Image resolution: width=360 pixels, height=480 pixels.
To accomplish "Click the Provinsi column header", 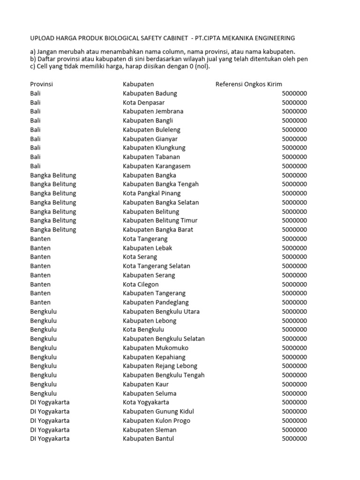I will tap(41, 84).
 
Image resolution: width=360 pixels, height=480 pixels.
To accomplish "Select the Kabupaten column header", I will tap(138, 84).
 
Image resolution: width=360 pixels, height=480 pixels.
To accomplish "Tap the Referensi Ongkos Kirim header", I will tap(249, 84).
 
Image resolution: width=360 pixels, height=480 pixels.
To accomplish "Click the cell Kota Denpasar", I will tap(143, 102).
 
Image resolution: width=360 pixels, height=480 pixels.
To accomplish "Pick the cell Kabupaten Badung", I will tap(150, 93).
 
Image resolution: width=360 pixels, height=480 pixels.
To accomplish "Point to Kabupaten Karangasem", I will tap(157, 166).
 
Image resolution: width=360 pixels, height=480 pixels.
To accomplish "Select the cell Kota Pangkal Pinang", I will tap(151, 193).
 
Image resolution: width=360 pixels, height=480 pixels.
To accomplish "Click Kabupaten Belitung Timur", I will tap(160, 220).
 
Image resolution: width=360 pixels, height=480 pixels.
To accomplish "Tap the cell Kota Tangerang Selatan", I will tap(156, 266).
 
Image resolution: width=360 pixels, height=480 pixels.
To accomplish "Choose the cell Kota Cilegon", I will tap(141, 284).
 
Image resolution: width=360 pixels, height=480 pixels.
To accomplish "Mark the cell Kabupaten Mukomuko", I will tap(156, 348).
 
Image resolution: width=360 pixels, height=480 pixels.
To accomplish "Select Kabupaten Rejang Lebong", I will tap(160, 366).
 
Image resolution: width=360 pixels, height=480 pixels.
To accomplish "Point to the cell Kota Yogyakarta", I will tap(146, 402).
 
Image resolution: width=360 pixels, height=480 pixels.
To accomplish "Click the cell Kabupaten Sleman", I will tap(150, 429).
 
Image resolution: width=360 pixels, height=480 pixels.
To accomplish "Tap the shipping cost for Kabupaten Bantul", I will tap(294, 439).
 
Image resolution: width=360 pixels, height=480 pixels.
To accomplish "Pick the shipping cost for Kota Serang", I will tap(294, 257).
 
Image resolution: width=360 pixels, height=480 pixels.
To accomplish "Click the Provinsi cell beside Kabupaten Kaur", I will tap(43, 384).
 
